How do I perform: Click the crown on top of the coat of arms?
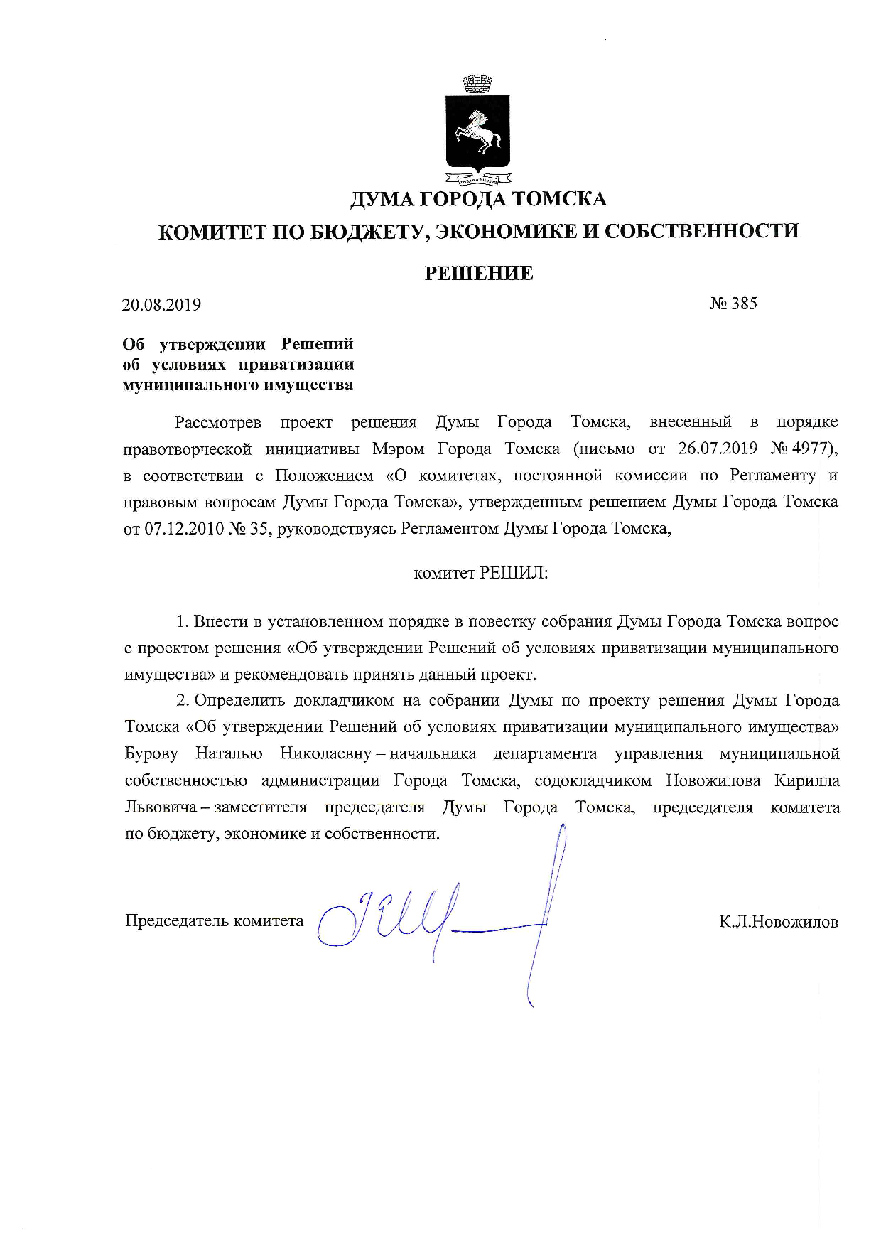point(477,84)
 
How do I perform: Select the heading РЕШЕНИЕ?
point(479,274)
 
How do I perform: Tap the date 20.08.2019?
point(161,305)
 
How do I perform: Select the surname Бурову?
point(151,753)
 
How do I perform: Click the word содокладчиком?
point(593,780)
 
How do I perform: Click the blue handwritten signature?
point(426,917)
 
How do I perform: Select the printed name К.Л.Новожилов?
point(778,922)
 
